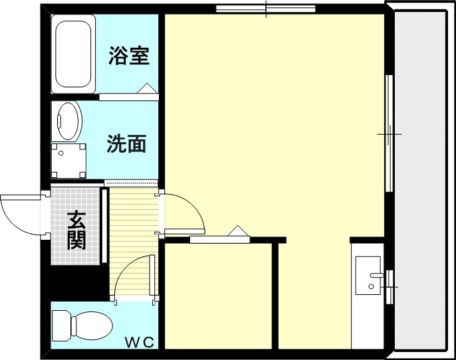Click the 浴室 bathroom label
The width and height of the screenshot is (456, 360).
[129, 56]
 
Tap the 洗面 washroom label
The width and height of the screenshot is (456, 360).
[126, 143]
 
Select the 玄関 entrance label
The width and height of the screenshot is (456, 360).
[77, 229]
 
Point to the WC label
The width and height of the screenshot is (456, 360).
[140, 343]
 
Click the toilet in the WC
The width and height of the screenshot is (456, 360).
[80, 326]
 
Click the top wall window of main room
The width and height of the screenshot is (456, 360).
[265, 9]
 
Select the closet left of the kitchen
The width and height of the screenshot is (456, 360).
[219, 296]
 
